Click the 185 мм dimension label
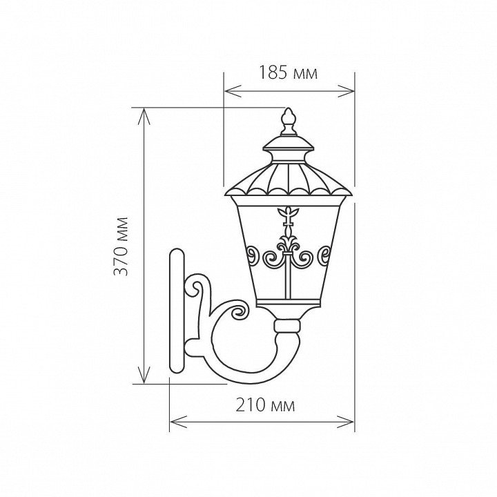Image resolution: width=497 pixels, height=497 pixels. (x=288, y=72)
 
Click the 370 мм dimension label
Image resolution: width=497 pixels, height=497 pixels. (x=121, y=246)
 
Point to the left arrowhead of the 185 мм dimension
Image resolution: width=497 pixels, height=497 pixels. (x=233, y=91)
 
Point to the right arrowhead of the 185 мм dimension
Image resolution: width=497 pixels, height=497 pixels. (x=346, y=91)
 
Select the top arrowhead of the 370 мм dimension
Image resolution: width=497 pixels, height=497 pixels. (x=144, y=117)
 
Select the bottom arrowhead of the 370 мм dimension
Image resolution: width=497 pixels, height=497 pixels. (x=144, y=375)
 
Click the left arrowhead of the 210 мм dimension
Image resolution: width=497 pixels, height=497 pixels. (x=179, y=422)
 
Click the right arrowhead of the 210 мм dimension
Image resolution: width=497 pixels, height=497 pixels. (x=346, y=422)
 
